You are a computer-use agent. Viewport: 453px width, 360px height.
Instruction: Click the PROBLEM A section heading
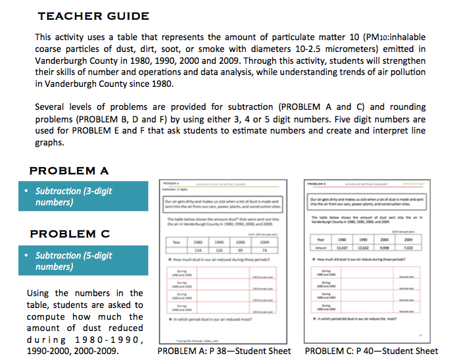point(69,171)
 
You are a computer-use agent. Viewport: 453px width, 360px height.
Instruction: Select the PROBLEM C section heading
point(69,234)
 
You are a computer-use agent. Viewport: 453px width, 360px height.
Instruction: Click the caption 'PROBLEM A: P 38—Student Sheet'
point(224,351)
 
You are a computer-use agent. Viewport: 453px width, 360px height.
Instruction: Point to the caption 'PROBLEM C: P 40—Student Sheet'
point(371,351)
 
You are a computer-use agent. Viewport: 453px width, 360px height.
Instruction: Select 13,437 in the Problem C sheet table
point(342,248)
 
